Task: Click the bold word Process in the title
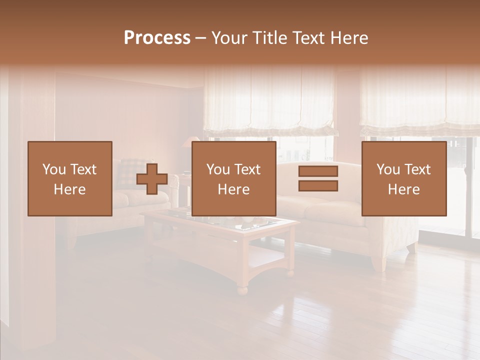pyautogui.click(x=157, y=38)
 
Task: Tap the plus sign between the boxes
pyautogui.click(x=152, y=179)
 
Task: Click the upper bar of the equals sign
pyautogui.click(x=318, y=171)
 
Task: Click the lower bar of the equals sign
pyautogui.click(x=318, y=186)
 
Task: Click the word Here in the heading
pyautogui.click(x=349, y=38)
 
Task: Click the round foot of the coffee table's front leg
pyautogui.click(x=242, y=290)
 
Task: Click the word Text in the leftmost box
pyautogui.click(x=82, y=169)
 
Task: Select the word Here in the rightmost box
pyautogui.click(x=404, y=189)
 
